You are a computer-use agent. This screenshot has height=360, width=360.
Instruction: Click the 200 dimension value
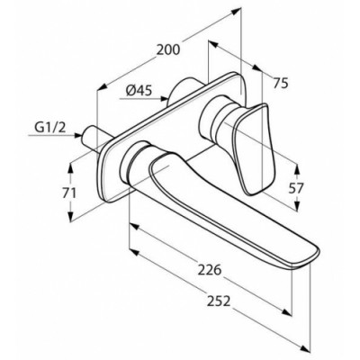168,49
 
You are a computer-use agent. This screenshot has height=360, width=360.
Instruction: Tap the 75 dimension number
281,83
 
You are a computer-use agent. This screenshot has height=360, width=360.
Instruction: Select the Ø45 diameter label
139,90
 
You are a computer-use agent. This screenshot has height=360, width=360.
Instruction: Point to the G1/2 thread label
50,128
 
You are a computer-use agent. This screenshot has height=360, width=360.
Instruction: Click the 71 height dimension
69,193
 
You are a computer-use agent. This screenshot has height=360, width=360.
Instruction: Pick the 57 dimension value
296,188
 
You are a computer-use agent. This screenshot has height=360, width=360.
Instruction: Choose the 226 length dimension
210,270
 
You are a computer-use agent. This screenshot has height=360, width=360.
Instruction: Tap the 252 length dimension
219,301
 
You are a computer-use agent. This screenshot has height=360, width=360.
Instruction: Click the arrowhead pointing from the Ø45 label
164,98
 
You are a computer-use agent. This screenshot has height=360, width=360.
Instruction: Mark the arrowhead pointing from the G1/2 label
77,135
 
